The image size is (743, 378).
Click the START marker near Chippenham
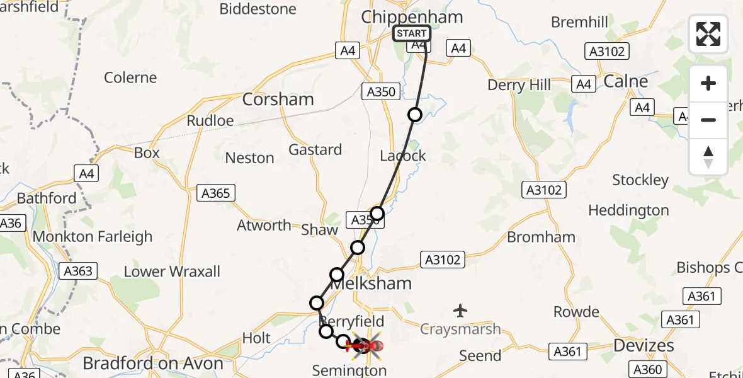412,33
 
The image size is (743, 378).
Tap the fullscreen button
708,34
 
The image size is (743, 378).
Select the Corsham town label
278,100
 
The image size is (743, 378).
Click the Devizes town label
644,345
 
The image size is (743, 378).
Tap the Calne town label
625,81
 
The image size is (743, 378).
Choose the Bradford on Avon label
153,364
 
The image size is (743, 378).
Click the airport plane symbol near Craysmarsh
461,310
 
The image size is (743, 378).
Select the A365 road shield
215,193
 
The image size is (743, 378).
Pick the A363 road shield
77,272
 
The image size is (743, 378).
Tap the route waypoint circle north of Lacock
415,115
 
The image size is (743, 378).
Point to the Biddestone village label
258,9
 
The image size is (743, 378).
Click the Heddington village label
628,210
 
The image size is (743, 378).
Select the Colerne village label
130,77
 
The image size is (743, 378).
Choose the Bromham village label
541,237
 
